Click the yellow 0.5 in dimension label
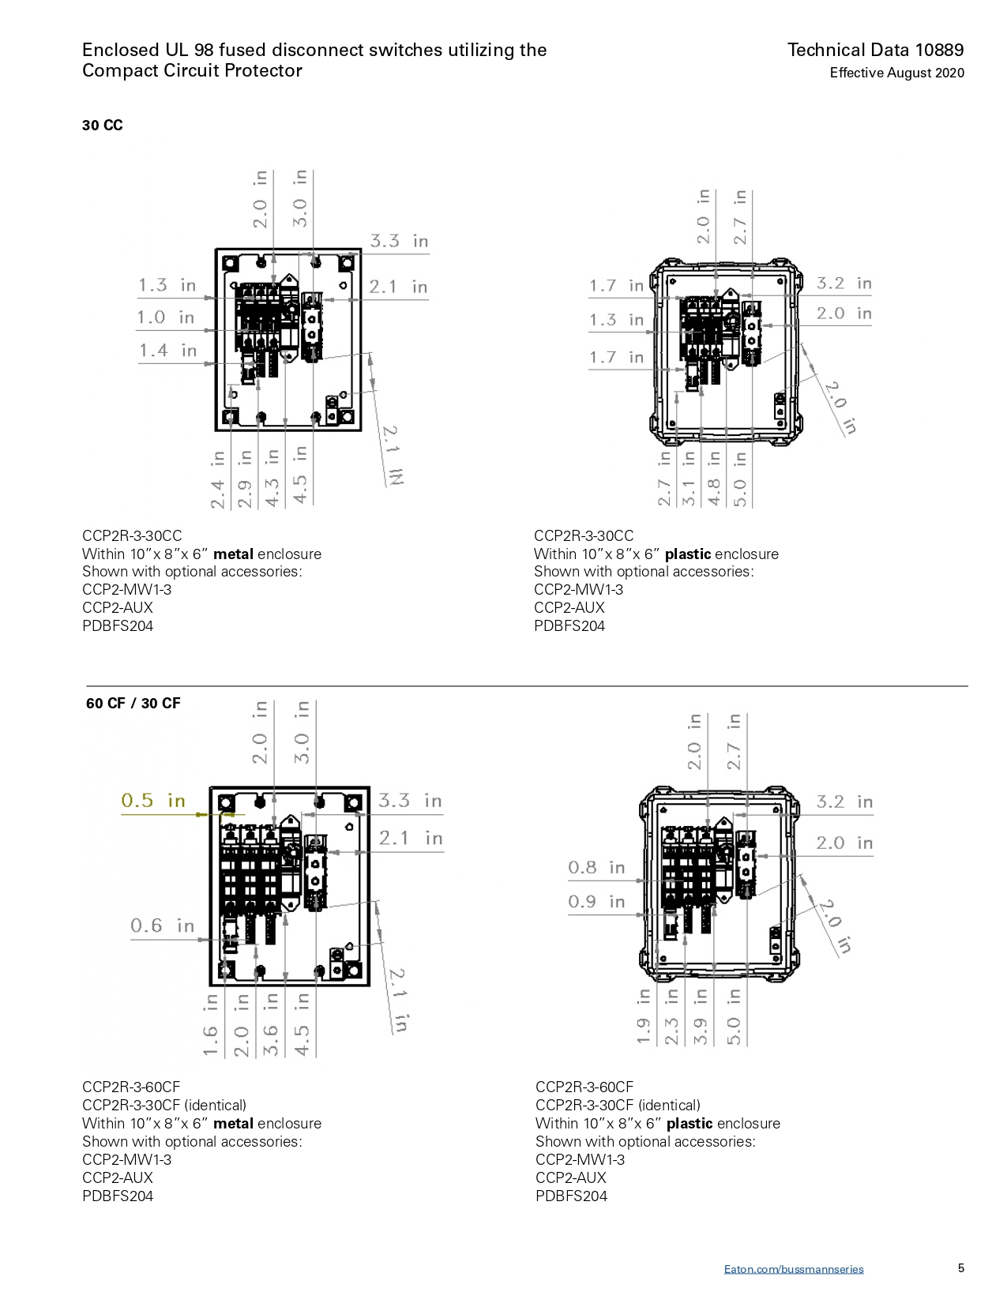point(153,801)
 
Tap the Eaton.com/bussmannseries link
point(794,1269)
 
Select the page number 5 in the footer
point(961,1267)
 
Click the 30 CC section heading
point(103,126)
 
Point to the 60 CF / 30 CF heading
point(133,704)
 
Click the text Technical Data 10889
point(876,50)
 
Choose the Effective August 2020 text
point(896,73)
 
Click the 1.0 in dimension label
point(166,317)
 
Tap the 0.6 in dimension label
point(163,926)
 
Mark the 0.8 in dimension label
point(597,868)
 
